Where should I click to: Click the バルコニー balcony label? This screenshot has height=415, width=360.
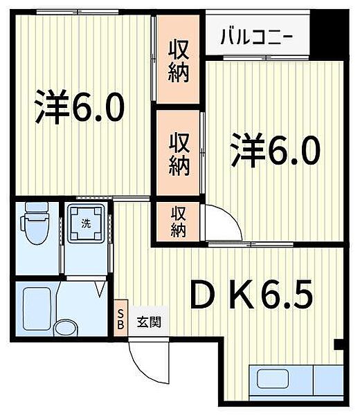pyautogui.click(x=257, y=37)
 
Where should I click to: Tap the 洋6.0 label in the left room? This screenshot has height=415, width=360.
pyautogui.click(x=80, y=107)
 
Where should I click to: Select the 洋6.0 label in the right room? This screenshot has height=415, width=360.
pyautogui.click(x=276, y=150)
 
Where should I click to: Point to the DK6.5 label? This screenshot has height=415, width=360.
pyautogui.click(x=252, y=295)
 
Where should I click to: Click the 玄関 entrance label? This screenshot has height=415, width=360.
pyautogui.click(x=149, y=322)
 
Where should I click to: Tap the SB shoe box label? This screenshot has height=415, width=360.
pyautogui.click(x=120, y=320)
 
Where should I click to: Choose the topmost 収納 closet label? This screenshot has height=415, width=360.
pyautogui.click(x=179, y=61)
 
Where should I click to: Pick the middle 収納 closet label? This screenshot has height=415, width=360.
pyautogui.click(x=179, y=154)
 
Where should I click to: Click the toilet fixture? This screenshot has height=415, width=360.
pyautogui.click(x=35, y=223)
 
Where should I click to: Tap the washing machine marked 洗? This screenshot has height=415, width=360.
pyautogui.click(x=86, y=223)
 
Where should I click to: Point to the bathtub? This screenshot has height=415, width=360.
pyautogui.click(x=37, y=308)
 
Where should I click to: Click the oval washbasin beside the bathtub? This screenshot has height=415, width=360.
pyautogui.click(x=66, y=328)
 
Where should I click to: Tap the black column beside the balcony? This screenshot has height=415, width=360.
pyautogui.click(x=329, y=35)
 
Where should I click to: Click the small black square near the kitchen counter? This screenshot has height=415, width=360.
pyautogui.click(x=339, y=344)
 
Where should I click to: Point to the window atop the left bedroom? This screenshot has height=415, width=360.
pyautogui.click(x=78, y=12)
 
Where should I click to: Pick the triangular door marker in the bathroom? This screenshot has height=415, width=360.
pyautogui.click(x=100, y=289)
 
